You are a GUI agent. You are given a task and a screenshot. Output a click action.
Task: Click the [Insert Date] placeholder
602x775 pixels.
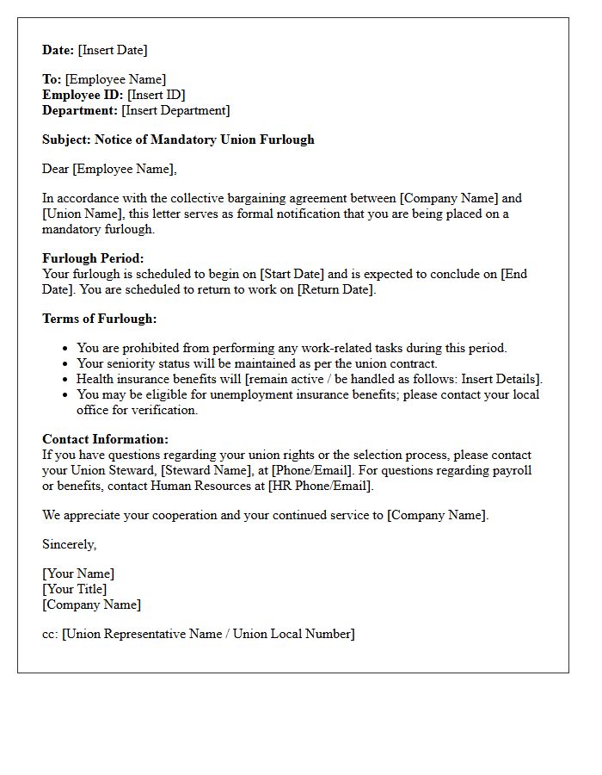coord(113,50)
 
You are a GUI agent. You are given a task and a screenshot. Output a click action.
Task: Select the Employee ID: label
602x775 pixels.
coord(83,95)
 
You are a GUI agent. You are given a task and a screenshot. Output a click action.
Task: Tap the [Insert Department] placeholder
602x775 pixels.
coord(175,110)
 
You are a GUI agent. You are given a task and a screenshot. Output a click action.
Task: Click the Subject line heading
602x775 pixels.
coord(178,139)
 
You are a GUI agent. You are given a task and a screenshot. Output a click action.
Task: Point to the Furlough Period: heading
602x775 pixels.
coord(93,258)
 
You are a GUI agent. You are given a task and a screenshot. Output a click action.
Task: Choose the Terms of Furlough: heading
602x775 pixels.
coord(99,319)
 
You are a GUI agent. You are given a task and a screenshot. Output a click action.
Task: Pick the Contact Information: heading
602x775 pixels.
coord(105,439)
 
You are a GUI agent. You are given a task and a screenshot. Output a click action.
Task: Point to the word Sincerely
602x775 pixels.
coord(69,544)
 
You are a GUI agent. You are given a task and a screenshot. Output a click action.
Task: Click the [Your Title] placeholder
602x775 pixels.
coord(75,589)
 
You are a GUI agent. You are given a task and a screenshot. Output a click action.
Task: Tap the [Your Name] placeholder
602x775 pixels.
coord(78,573)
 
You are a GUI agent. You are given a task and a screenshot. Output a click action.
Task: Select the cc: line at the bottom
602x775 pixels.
coord(198,634)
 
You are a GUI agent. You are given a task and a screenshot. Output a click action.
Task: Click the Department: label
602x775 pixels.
coord(80,110)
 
